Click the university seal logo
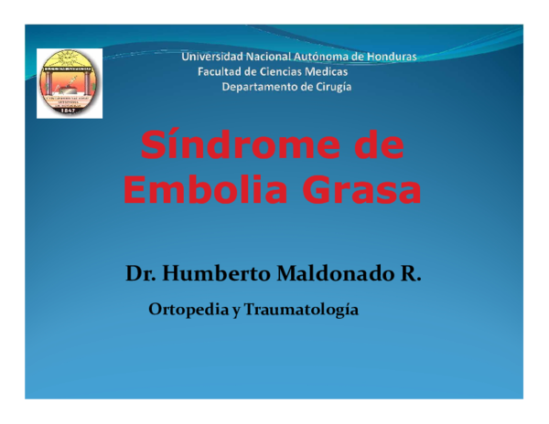(x=70, y=83)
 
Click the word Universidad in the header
(x=211, y=57)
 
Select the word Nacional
(x=266, y=57)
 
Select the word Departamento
(x=259, y=87)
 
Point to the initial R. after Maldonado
(x=410, y=273)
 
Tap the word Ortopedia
(x=188, y=310)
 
